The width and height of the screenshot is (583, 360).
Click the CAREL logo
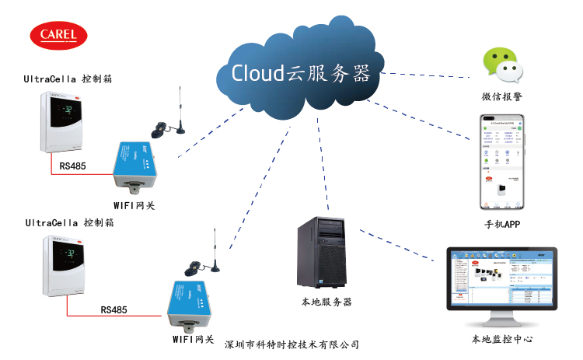pos(58,35)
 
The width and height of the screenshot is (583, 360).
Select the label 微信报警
pos(501,97)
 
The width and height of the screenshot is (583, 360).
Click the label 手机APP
pos(501,225)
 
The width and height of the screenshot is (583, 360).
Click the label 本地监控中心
pos(501,340)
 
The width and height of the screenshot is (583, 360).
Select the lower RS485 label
pos(116,309)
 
